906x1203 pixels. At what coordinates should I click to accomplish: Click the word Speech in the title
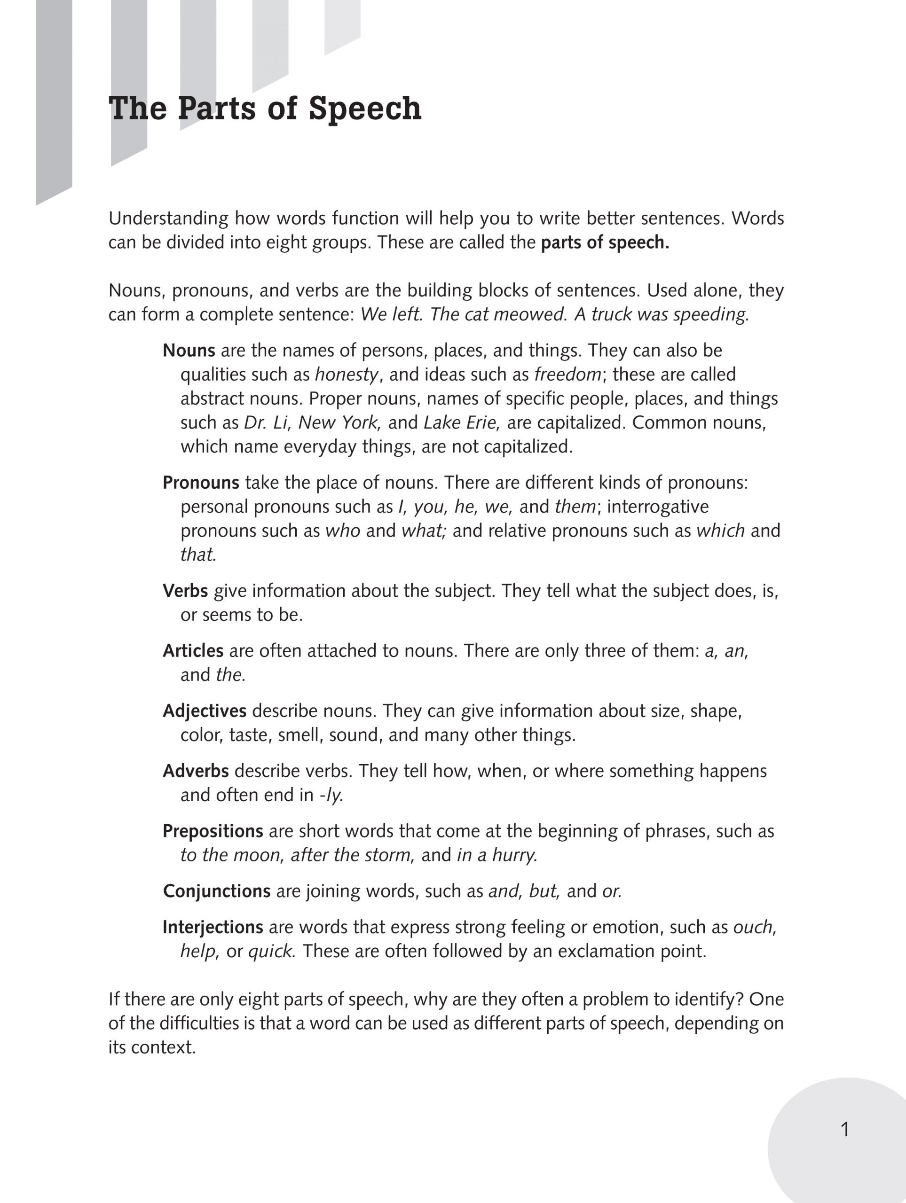(x=364, y=109)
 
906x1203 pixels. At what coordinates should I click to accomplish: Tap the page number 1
(x=845, y=1130)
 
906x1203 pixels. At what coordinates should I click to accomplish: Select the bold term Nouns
(x=189, y=350)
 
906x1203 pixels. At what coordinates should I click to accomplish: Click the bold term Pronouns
(x=201, y=483)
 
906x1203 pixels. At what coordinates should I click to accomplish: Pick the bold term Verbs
(x=185, y=591)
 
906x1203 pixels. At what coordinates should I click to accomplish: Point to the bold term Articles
(x=193, y=650)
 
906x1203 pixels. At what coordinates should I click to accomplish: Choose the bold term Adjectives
(x=204, y=711)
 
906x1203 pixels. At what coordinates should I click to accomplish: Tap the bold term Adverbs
(x=195, y=771)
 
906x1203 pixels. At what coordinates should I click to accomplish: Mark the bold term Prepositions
(x=213, y=831)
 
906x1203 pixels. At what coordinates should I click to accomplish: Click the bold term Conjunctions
(x=217, y=891)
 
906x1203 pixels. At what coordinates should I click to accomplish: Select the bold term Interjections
(x=213, y=927)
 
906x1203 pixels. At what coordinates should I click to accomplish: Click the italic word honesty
(x=346, y=375)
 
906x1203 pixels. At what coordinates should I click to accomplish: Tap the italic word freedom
(x=567, y=375)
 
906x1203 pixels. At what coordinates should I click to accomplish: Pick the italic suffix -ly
(x=331, y=795)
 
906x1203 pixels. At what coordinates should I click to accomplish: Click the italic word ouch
(x=754, y=927)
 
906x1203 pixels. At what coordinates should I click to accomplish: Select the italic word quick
(x=271, y=951)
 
